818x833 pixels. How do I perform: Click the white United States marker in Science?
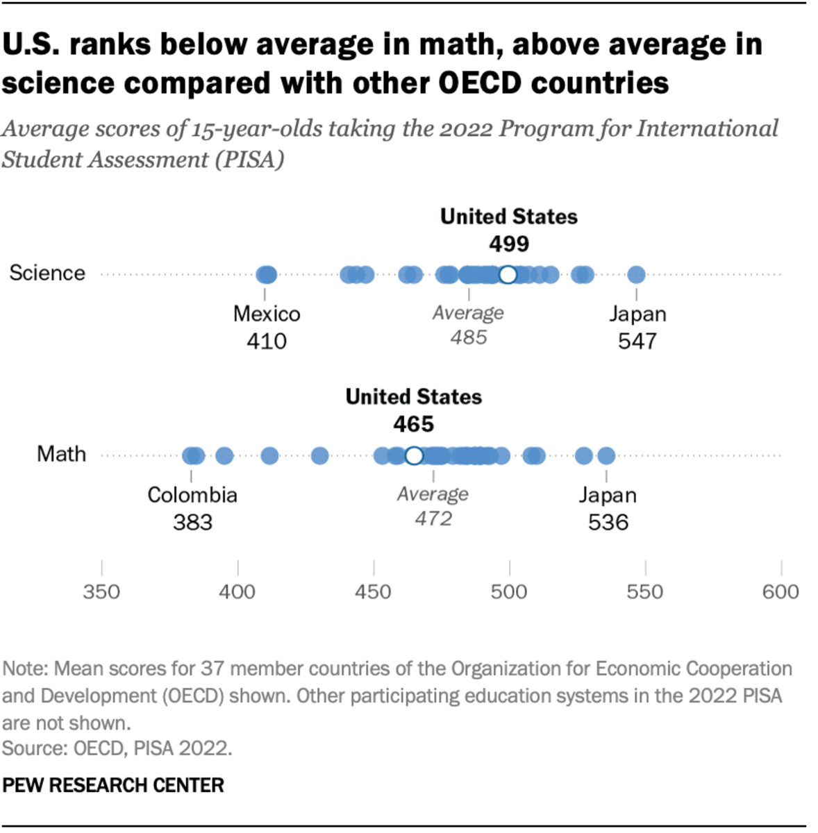pos(508,275)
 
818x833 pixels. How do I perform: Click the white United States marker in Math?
pos(414,455)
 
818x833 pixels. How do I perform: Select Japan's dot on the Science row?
pos(636,275)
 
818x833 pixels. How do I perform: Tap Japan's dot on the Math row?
pos(606,456)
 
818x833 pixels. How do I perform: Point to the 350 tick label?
pos(101,591)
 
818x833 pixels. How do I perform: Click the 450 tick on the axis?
pos(374,591)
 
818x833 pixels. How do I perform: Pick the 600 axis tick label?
pos(781,591)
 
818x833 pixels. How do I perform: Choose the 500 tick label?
pos(509,591)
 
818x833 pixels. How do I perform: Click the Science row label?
pos(47,273)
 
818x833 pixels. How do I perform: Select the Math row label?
pos(62,454)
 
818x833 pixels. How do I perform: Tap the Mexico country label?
pos(267,314)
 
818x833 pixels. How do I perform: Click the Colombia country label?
pos(192,495)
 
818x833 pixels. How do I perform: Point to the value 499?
pos(509,244)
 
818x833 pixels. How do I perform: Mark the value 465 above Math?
pos(414,424)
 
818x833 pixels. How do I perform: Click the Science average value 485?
pos(469,337)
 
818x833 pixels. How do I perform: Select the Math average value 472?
pos(433,519)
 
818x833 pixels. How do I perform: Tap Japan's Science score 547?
pos(637,341)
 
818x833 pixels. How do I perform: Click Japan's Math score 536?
pos(608,522)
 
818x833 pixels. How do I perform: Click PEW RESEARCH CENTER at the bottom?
pos(113,785)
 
